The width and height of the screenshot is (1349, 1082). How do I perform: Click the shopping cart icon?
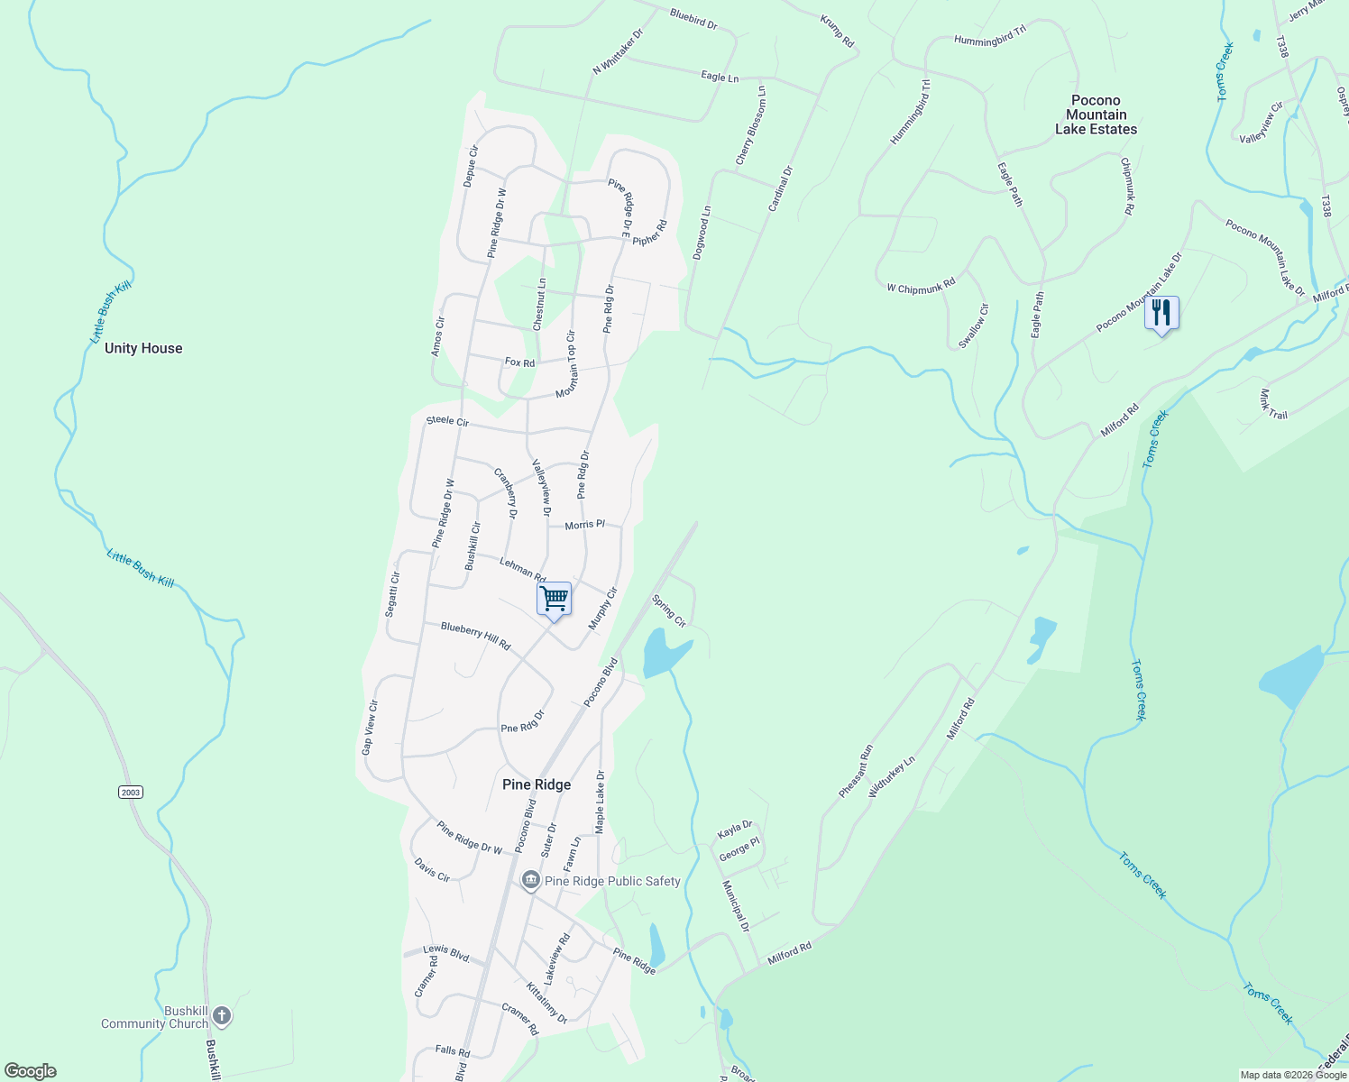point(554,599)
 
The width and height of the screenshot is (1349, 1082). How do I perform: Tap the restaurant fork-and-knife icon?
point(1161,313)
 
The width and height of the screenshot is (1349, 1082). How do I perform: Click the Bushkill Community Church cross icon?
point(222,1017)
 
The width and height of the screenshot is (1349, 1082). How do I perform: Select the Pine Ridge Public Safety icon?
point(531,880)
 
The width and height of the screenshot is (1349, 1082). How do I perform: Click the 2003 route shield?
point(131,792)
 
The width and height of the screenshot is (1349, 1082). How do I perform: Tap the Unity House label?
point(143,348)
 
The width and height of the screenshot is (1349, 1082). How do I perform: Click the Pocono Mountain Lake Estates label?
point(1096,115)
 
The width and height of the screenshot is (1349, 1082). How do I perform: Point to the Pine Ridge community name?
point(537,784)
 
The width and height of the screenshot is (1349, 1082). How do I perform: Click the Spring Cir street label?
point(669,610)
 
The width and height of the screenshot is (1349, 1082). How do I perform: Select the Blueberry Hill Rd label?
point(475,636)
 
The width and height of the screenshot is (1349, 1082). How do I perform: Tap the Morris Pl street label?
point(584,525)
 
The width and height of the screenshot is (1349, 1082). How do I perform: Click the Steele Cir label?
point(447,421)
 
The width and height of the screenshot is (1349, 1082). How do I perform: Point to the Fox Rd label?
point(519,362)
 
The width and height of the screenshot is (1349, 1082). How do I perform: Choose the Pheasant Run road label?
point(856,771)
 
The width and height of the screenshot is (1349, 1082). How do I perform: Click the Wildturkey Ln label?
point(891,776)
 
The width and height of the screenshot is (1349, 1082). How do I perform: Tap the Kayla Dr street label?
point(735,829)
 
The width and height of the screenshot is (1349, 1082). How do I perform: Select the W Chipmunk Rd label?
point(920,287)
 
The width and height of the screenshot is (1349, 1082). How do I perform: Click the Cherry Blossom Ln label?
point(750,125)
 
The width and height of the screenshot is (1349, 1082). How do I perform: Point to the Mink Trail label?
point(1272,405)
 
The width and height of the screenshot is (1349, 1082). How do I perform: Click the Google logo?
point(31,1071)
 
